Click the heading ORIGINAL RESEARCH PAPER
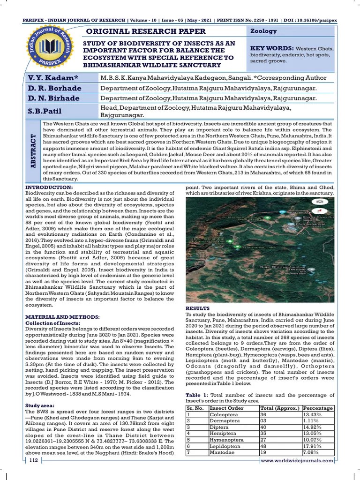(x=144, y=31)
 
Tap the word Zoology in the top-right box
(x=263, y=31)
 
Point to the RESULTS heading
(x=198, y=308)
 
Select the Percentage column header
(x=318, y=408)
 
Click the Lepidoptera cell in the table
(x=225, y=447)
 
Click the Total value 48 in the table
(x=263, y=447)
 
